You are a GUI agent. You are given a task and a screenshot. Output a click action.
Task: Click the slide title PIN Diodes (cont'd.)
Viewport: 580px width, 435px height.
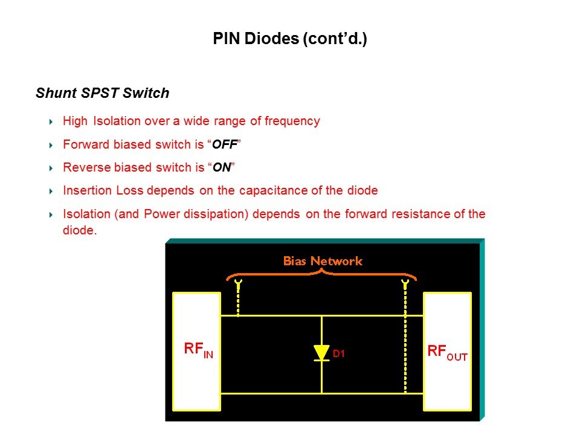290,39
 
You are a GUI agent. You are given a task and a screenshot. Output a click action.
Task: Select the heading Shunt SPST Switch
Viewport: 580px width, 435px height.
102,93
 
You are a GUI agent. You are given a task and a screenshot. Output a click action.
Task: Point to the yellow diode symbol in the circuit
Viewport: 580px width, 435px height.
321,352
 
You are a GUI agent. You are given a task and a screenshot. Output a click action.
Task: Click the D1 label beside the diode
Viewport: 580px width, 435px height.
338,354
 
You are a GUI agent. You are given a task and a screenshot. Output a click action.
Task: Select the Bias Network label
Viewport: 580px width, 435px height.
323,261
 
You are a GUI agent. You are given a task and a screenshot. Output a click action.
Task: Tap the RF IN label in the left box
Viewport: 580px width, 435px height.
198,351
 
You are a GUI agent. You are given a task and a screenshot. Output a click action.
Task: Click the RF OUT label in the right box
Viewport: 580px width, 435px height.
447,353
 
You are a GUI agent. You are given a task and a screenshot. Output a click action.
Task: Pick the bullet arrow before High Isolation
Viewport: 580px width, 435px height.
51,121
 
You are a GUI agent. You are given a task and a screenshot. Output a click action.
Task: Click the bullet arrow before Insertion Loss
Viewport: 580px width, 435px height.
51,191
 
